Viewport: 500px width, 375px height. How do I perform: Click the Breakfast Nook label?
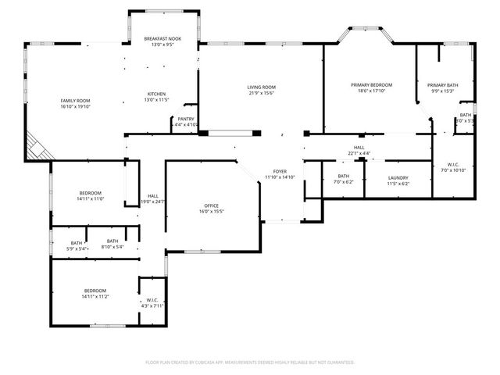[163, 41]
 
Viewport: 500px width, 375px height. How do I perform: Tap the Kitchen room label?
[156, 97]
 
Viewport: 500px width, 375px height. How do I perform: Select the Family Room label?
[76, 104]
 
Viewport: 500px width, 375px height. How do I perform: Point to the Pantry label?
[186, 121]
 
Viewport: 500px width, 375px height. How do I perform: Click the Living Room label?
[261, 90]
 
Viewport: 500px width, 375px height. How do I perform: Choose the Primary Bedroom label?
[371, 87]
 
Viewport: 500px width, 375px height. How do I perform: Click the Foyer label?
[279, 174]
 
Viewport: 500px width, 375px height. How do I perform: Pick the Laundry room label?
[398, 180]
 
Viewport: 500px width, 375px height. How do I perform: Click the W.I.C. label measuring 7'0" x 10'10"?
[452, 167]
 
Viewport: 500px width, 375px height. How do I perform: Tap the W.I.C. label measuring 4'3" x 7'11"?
[152, 303]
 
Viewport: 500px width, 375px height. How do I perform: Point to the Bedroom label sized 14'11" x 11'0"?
[90, 196]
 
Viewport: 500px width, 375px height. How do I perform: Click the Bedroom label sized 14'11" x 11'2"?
[95, 294]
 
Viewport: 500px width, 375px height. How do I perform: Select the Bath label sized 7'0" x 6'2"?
[344, 179]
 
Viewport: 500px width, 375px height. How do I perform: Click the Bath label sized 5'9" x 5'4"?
[77, 245]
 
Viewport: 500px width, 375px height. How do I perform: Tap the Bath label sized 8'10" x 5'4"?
[112, 244]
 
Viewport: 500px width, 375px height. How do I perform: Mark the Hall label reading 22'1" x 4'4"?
[359, 150]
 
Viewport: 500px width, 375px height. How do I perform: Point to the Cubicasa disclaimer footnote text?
[250, 362]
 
